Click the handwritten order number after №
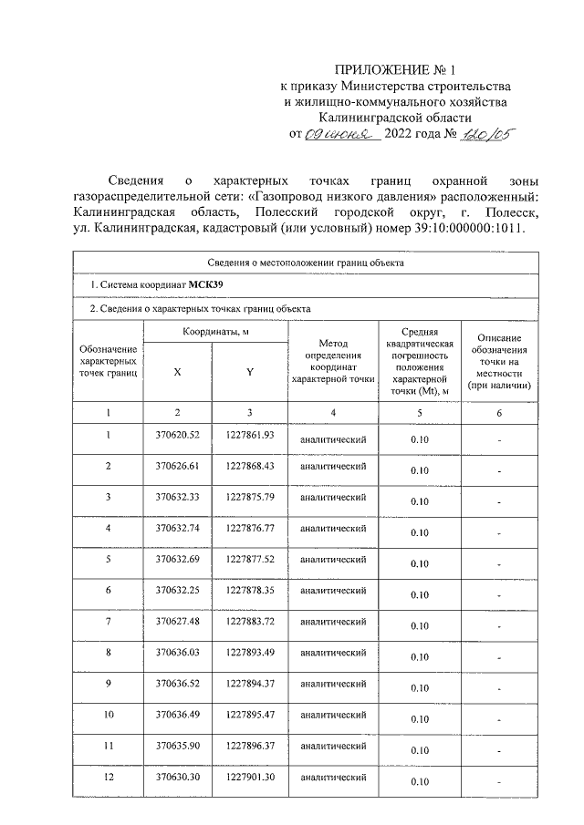tap(488, 135)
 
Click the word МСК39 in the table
tap(206, 285)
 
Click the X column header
tap(177, 372)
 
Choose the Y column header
tap(249, 372)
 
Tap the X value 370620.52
tap(177, 435)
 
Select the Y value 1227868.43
tap(249, 466)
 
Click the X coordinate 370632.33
tap(177, 496)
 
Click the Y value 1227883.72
tap(249, 621)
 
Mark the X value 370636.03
tap(177, 652)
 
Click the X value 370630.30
tap(177, 776)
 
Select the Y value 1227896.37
tap(249, 745)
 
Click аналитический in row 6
tap(333, 591)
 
